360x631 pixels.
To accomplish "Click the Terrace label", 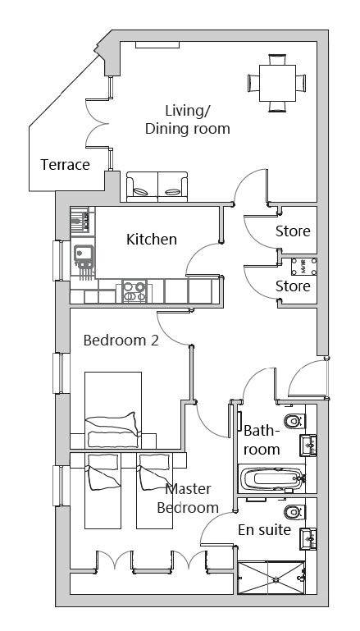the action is pyautogui.click(x=65, y=165).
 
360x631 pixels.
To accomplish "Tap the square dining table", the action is pyautogui.click(x=277, y=83).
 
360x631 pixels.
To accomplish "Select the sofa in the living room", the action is pyautogui.click(x=157, y=187).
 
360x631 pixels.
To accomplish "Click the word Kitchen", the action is pyautogui.click(x=152, y=239).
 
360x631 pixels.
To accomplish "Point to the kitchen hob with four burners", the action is pyautogui.click(x=134, y=292).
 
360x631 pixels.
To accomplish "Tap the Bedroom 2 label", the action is pyautogui.click(x=121, y=341).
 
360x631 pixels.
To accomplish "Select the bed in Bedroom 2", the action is pyautogui.click(x=113, y=409).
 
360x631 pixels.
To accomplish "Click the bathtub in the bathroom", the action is pyautogui.click(x=272, y=479).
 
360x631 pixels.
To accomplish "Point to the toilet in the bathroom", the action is pyautogui.click(x=294, y=421).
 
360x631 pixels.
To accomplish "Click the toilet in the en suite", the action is pyautogui.click(x=294, y=513).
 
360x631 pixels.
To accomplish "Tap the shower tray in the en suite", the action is pyautogui.click(x=271, y=578).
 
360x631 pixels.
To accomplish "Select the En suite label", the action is pyautogui.click(x=264, y=530).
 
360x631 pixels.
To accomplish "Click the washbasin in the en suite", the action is pyautogui.click(x=308, y=538).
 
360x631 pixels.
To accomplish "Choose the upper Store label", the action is pyautogui.click(x=293, y=231).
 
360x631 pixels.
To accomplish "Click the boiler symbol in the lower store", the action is pyautogui.click(x=304, y=267).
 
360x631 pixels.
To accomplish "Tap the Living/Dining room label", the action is pyautogui.click(x=188, y=120).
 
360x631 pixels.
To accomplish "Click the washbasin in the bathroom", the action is pyautogui.click(x=308, y=445).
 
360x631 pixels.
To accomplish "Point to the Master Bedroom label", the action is pyautogui.click(x=189, y=499).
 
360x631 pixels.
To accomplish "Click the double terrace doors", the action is pyautogui.click(x=98, y=123).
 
